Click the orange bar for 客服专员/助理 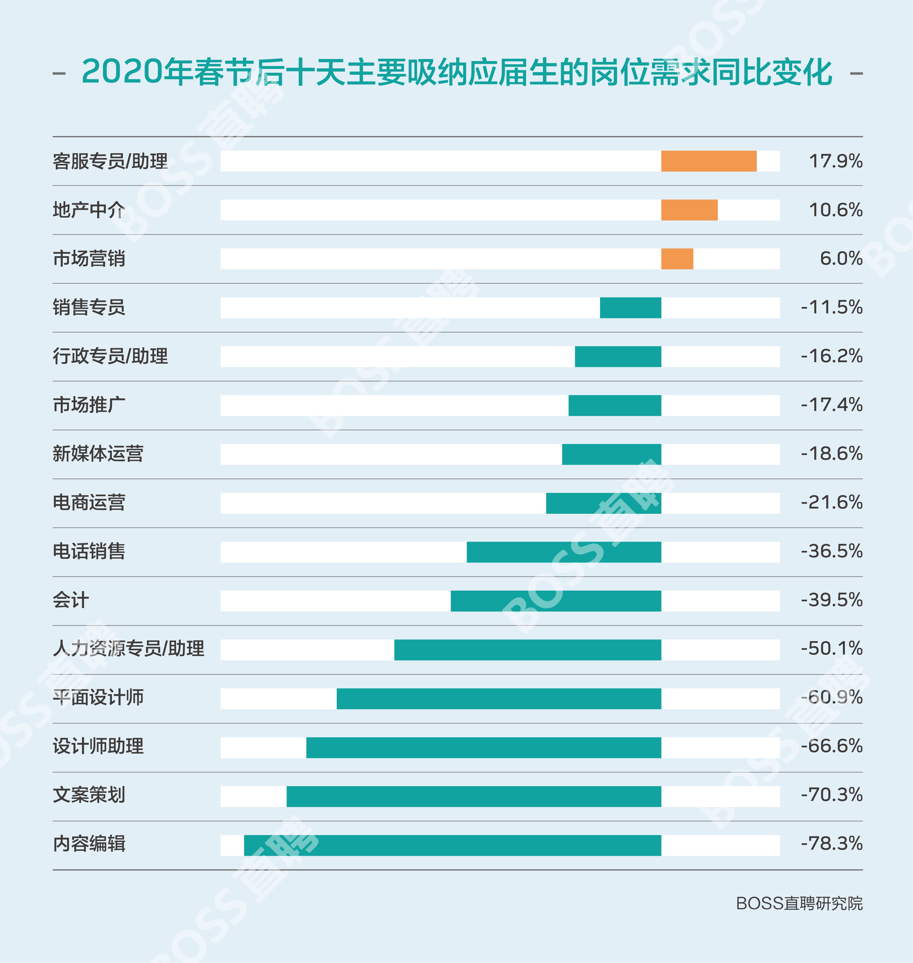click(x=709, y=161)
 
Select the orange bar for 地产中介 click(x=689, y=210)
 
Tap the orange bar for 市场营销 click(x=677, y=259)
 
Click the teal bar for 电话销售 click(x=564, y=552)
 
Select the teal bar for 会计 click(x=556, y=601)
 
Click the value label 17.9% click(x=835, y=161)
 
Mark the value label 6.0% click(x=841, y=258)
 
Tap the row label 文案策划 click(x=89, y=795)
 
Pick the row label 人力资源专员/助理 click(x=129, y=649)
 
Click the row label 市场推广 click(x=89, y=405)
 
